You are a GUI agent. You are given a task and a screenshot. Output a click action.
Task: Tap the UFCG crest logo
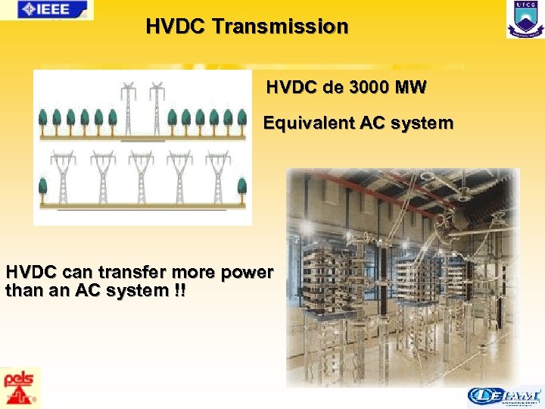[x=525, y=20]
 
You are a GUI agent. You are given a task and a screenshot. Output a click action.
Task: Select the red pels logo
[x=20, y=388]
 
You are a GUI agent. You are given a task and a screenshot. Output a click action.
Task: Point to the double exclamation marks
[x=178, y=290]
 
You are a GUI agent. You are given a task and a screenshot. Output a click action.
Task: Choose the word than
[x=23, y=290]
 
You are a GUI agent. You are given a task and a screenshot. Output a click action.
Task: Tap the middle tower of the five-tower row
[x=142, y=176]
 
